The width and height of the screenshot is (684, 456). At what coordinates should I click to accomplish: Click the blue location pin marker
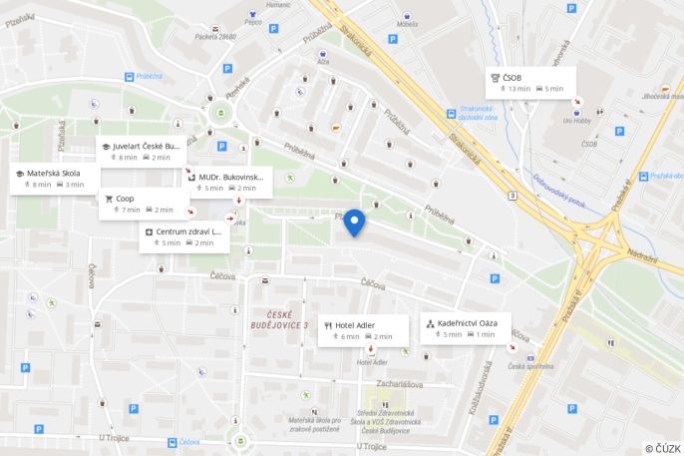354,224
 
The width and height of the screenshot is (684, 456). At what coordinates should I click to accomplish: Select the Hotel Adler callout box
363,330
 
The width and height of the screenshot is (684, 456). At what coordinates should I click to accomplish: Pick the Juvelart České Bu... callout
141,151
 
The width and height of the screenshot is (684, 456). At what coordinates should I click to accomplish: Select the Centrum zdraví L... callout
183,236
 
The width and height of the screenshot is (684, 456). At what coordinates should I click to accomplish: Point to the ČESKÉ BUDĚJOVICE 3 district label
279,319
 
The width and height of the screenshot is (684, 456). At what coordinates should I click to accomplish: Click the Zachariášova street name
401,383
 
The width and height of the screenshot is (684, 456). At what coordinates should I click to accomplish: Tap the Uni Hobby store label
575,122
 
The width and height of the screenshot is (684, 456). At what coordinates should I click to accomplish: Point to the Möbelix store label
407,24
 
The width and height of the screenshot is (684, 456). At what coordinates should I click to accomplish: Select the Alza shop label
323,61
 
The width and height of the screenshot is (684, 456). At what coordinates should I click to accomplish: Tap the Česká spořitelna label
530,366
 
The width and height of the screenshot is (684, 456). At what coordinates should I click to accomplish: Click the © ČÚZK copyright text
662,448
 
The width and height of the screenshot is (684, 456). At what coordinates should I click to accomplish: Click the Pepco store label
251,21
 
